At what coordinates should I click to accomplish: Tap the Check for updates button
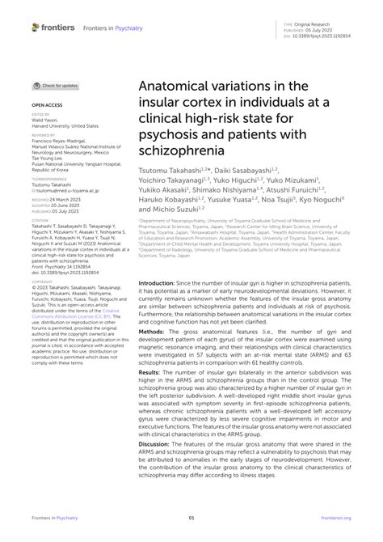pyautogui.click(x=56, y=85)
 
